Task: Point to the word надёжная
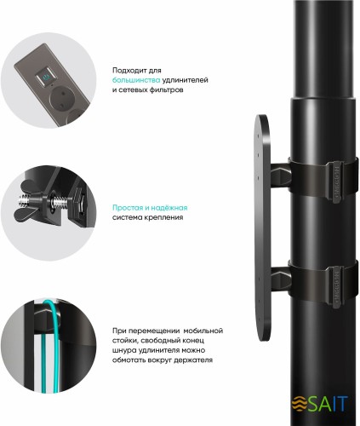170,207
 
